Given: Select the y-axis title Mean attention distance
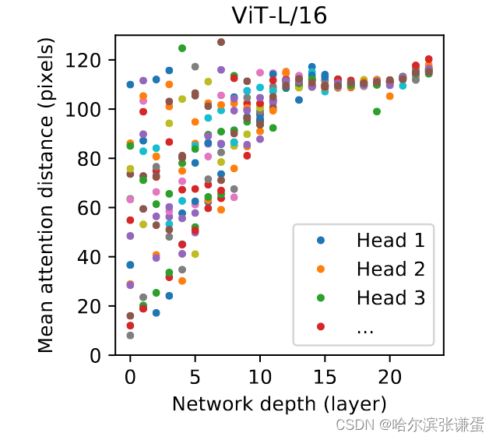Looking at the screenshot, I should (46, 194).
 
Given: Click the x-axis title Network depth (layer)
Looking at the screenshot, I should (280, 404).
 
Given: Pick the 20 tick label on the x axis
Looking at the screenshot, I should (389, 376).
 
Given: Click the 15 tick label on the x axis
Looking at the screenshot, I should (325, 376).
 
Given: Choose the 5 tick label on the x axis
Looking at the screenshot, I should (195, 376).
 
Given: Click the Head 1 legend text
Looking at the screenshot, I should (390, 240).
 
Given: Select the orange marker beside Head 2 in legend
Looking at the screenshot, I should (321, 269).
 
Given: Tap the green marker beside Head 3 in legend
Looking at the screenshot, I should (321, 299).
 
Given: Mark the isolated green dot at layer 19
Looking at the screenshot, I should (377, 111).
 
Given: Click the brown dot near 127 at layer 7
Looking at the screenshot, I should (221, 42).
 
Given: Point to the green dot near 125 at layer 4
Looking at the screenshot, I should (182, 48).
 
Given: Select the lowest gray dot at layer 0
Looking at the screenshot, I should (130, 336).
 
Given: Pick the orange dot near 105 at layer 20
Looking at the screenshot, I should (389, 97).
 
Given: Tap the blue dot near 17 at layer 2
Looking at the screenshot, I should (157, 313).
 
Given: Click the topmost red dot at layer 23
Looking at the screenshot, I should (428, 59).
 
